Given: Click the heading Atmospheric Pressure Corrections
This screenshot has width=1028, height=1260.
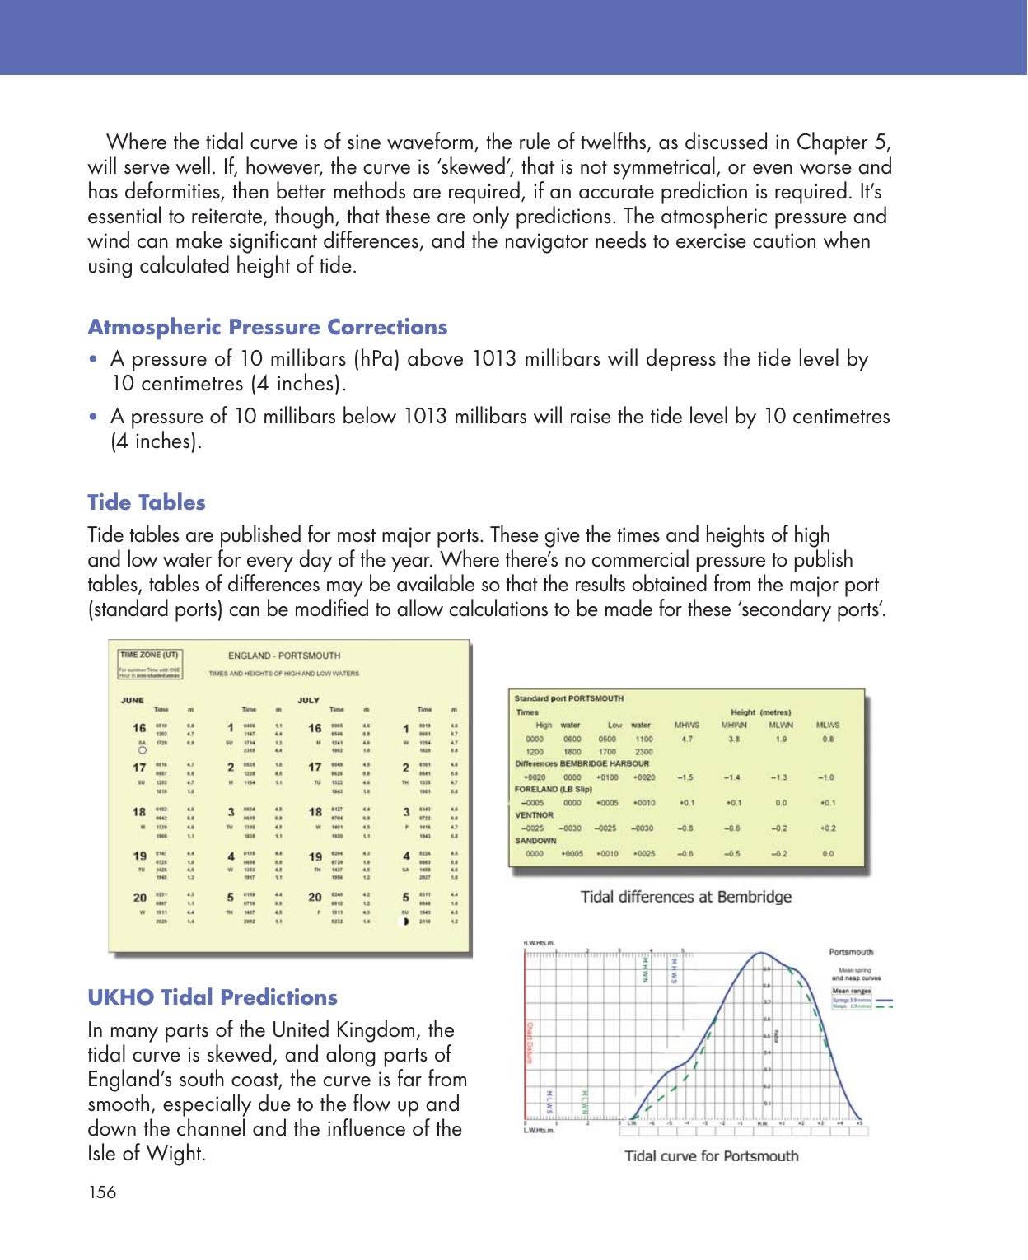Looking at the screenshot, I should coord(267,327).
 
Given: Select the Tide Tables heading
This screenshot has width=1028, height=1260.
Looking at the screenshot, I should coord(147,502).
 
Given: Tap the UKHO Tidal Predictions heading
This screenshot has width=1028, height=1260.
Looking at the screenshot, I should coord(213,997).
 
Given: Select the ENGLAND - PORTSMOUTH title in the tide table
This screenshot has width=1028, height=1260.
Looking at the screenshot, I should coord(283,656).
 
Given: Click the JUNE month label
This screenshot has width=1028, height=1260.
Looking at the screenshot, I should coord(133,700).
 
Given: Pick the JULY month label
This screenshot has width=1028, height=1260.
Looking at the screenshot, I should coord(308,700).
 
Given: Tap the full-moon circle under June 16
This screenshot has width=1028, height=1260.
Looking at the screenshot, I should coord(142,751).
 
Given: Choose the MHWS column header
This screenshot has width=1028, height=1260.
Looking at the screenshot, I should coord(686,726).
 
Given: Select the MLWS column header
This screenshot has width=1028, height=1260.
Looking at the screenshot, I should coord(827,726).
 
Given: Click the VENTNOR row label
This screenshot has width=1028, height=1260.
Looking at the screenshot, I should coord(535,815).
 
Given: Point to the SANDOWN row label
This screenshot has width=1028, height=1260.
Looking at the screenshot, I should coord(537,841).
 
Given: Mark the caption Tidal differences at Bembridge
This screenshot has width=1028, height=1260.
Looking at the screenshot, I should coord(686,896).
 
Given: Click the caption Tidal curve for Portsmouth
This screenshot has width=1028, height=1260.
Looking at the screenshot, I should coord(711,1155).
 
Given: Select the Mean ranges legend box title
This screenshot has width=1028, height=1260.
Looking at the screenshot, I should coord(852,991).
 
